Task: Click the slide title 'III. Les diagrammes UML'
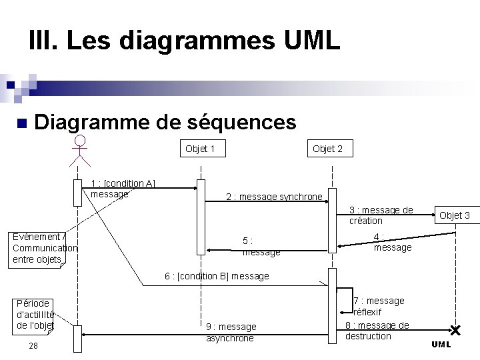click(185, 41)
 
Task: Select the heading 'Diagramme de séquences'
click(165, 122)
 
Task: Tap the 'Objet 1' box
click(201, 149)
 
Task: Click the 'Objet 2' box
click(327, 149)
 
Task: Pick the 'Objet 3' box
click(455, 215)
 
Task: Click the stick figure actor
click(80, 150)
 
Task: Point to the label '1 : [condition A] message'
click(123, 189)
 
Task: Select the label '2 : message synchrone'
click(273, 197)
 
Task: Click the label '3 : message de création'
click(381, 215)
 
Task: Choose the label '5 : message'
click(261, 247)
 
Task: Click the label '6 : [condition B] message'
click(217, 276)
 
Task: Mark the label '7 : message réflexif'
click(378, 306)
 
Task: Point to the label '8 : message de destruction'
click(377, 331)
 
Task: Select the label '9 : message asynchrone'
click(231, 332)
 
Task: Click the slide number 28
click(33, 345)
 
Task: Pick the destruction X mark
click(455, 330)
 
